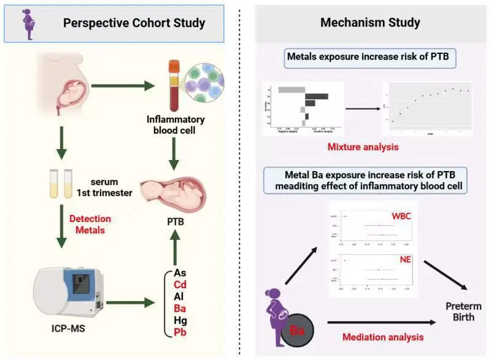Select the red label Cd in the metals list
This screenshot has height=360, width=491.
coord(180,285)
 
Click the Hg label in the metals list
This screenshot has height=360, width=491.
coord(180,320)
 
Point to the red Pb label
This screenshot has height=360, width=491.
coord(180,332)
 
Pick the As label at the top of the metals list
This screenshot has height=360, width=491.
coord(180,273)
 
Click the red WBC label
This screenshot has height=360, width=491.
coord(401,216)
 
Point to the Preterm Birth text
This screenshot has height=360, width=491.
coord(463,311)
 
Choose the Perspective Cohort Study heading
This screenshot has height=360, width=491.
coord(134,23)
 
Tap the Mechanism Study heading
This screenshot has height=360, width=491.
coord(370,23)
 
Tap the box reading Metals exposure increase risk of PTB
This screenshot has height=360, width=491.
coord(363,60)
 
